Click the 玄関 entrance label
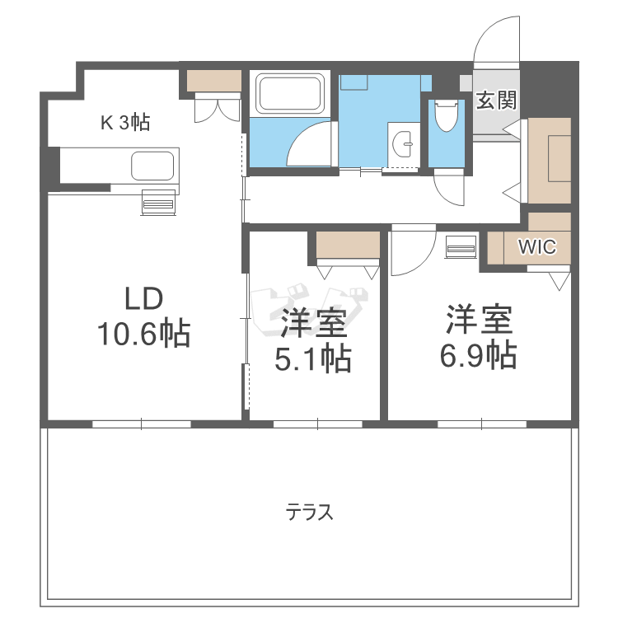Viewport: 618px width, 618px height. (497, 101)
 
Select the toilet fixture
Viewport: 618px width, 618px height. (447, 116)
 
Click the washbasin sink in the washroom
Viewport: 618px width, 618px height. (405, 145)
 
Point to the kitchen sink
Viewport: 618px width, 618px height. (154, 166)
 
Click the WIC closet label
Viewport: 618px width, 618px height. (536, 246)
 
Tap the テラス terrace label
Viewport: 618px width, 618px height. (310, 513)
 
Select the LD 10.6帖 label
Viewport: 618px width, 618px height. (144, 317)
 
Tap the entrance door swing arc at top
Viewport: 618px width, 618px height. (498, 40)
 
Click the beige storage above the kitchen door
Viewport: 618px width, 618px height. (213, 81)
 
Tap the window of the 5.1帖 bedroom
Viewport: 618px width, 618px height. (317, 424)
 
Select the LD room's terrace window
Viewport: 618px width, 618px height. (142, 424)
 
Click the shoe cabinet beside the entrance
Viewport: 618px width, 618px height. (549, 161)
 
